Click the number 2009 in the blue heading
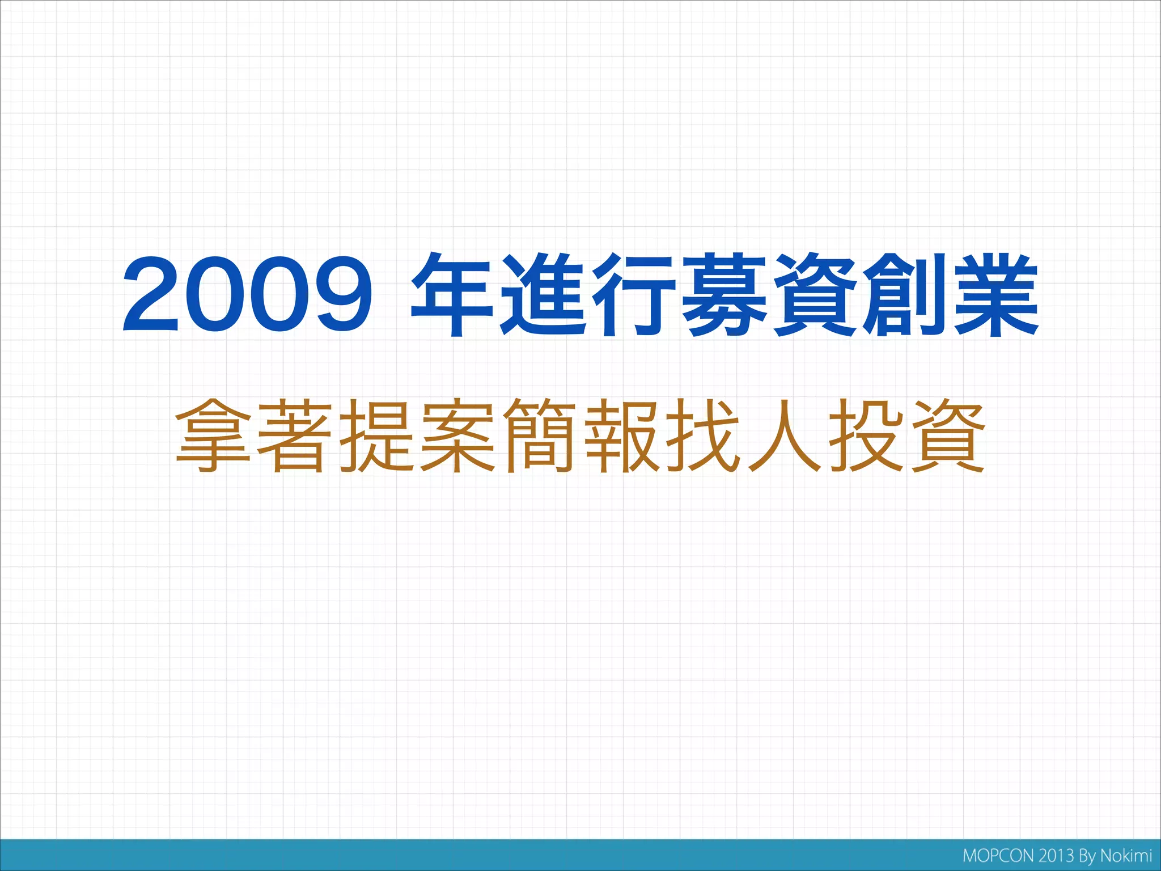[248, 295]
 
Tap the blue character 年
[452, 295]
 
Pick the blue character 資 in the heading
[814, 295]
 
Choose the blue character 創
[905, 295]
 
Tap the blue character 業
[995, 295]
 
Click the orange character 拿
[213, 435]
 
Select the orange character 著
[295, 435]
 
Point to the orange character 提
[376, 435]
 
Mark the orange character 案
[458, 435]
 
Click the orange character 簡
[540, 435]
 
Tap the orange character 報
[621, 435]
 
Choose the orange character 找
[703, 435]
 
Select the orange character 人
[785, 435]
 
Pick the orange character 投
[866, 435]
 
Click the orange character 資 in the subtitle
[948, 435]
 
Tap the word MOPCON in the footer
[998, 856]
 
